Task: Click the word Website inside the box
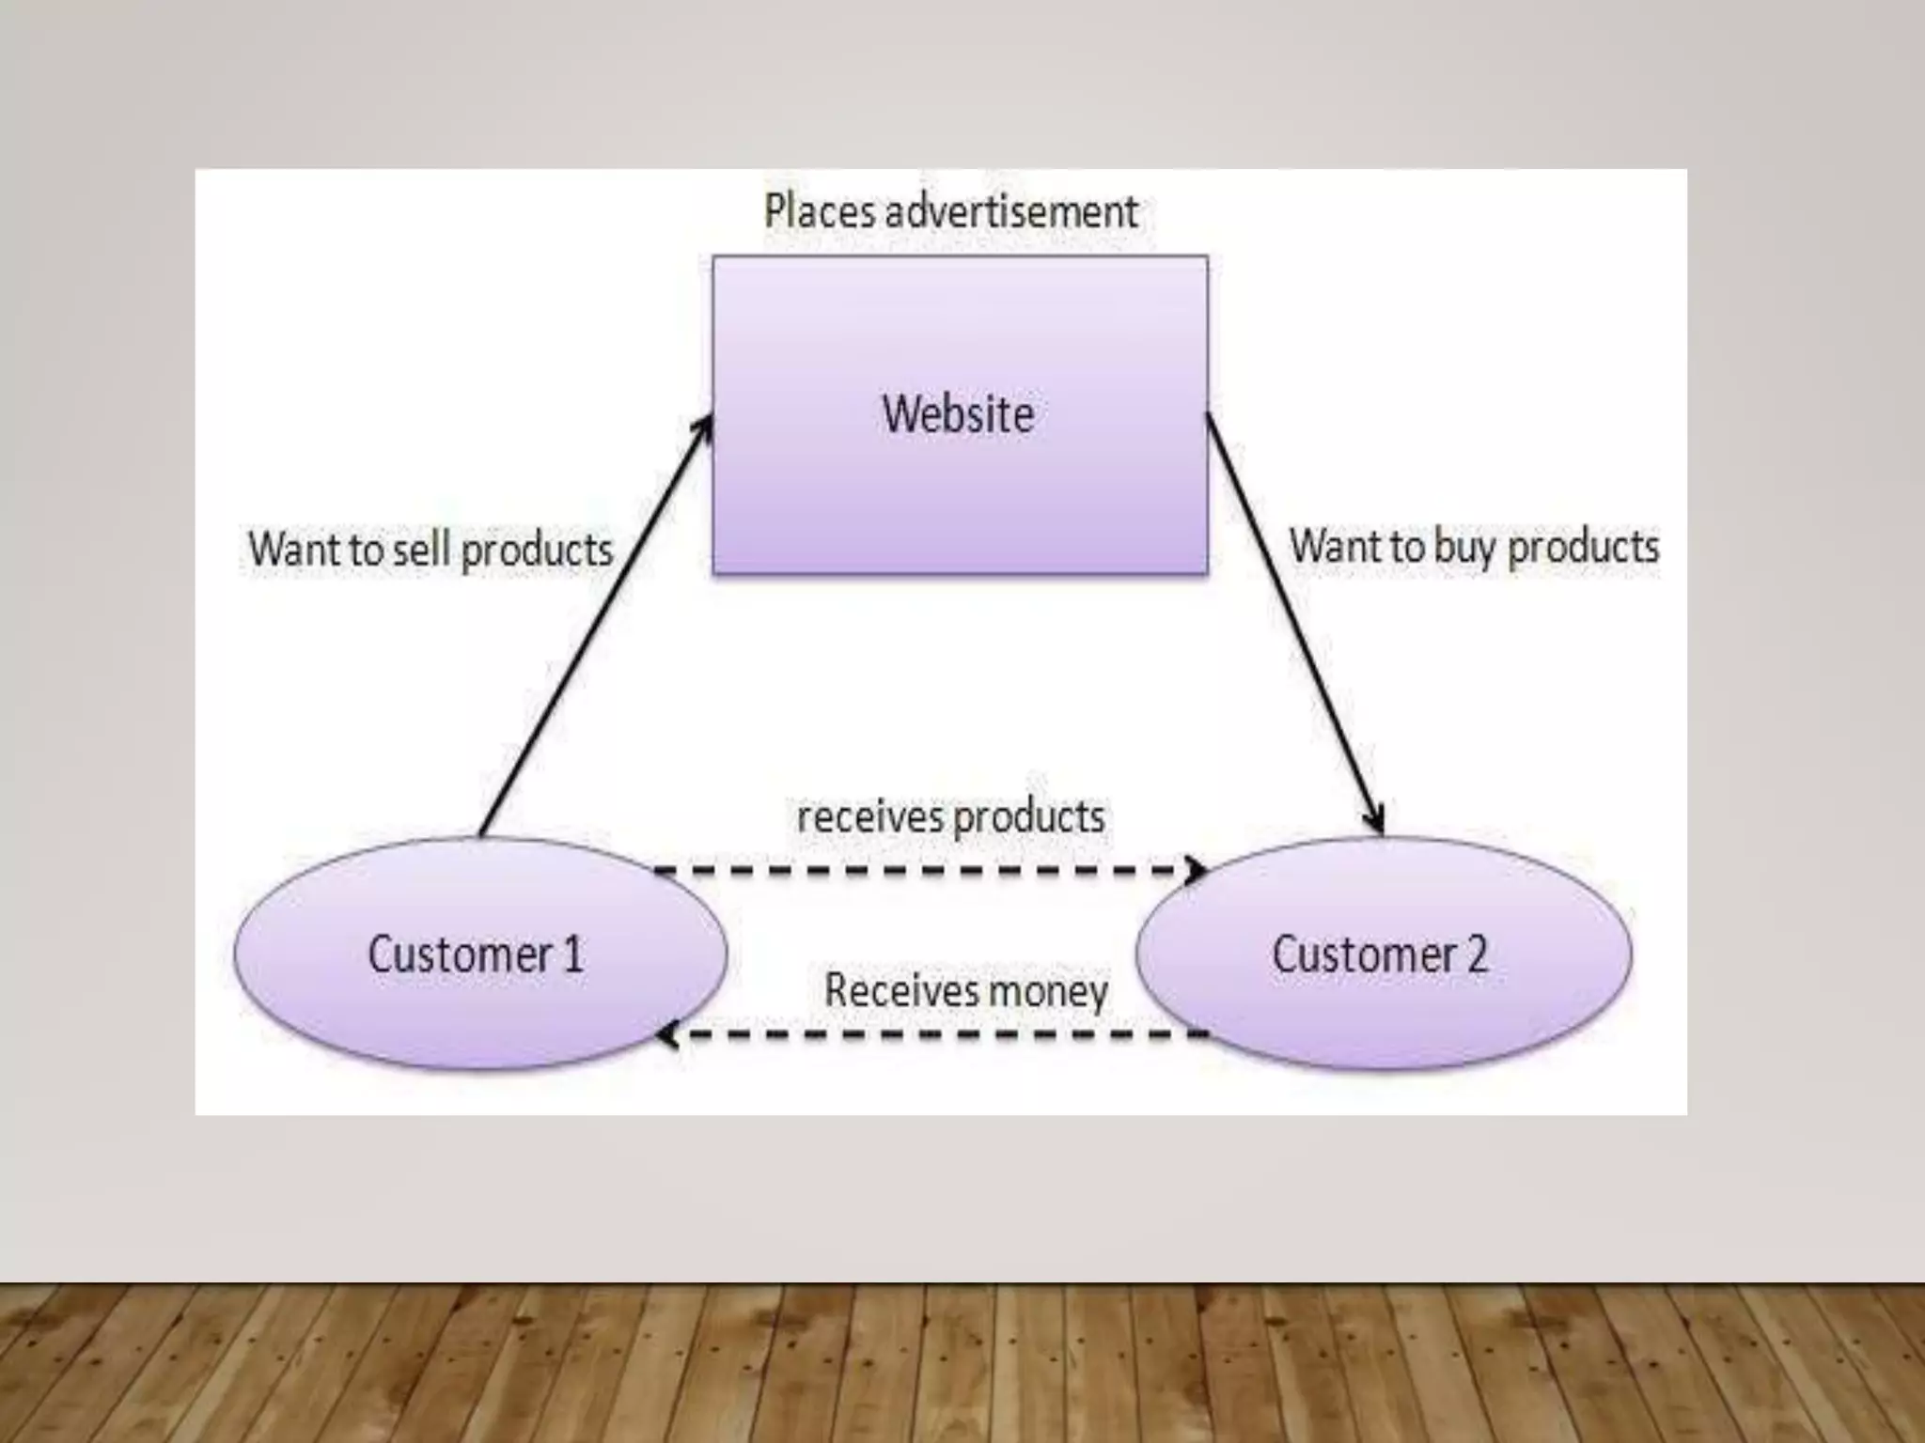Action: (x=958, y=414)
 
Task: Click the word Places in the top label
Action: (x=818, y=210)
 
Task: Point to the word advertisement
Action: (x=1011, y=210)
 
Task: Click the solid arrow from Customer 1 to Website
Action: (x=592, y=629)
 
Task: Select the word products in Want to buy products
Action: (x=1583, y=548)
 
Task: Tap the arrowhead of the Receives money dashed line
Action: (x=666, y=1035)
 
